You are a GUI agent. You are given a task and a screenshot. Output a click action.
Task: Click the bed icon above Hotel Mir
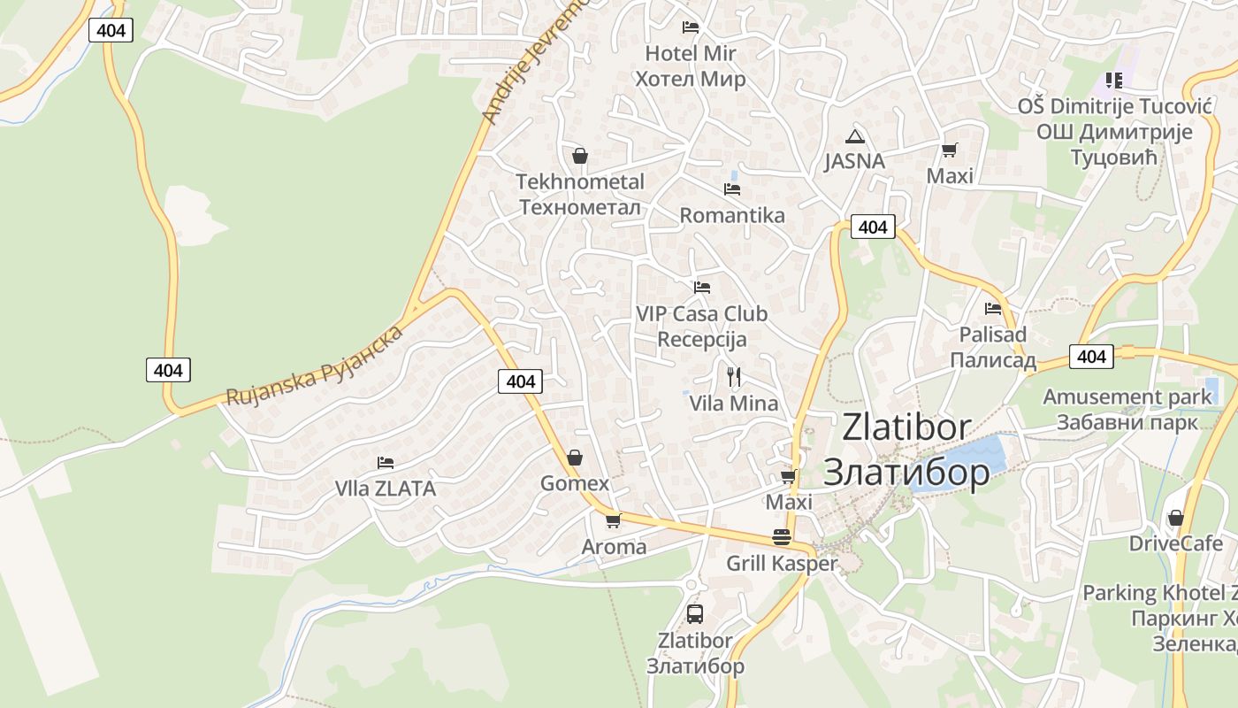point(691,27)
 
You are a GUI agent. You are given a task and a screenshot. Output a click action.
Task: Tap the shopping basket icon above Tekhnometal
point(580,157)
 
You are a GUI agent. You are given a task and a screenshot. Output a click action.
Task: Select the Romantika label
point(731,215)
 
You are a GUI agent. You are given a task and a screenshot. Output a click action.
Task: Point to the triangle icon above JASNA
point(854,136)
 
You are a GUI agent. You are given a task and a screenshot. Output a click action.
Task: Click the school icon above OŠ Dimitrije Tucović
point(1113,81)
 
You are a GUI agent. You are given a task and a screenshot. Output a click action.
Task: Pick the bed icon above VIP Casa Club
point(702,288)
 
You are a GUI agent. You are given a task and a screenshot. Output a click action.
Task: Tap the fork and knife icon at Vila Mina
point(733,377)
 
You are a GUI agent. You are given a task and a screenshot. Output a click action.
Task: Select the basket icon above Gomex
point(575,458)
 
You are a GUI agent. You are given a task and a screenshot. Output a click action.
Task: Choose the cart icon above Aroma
point(614,520)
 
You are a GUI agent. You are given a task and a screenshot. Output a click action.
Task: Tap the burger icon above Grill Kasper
point(782,537)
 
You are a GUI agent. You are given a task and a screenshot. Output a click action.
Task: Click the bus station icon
point(695,613)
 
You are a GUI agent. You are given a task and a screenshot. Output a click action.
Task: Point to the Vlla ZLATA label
point(386,489)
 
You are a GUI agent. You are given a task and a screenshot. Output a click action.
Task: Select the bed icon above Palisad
point(993,309)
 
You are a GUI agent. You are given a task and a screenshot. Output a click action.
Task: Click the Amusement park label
point(1127,396)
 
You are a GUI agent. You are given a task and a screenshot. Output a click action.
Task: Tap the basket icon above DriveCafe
point(1176,518)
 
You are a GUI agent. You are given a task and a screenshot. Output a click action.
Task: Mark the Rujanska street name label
point(314,366)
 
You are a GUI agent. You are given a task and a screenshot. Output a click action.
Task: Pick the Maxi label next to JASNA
point(950,176)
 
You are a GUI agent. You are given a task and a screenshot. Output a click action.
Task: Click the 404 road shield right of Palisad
point(1092,356)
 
